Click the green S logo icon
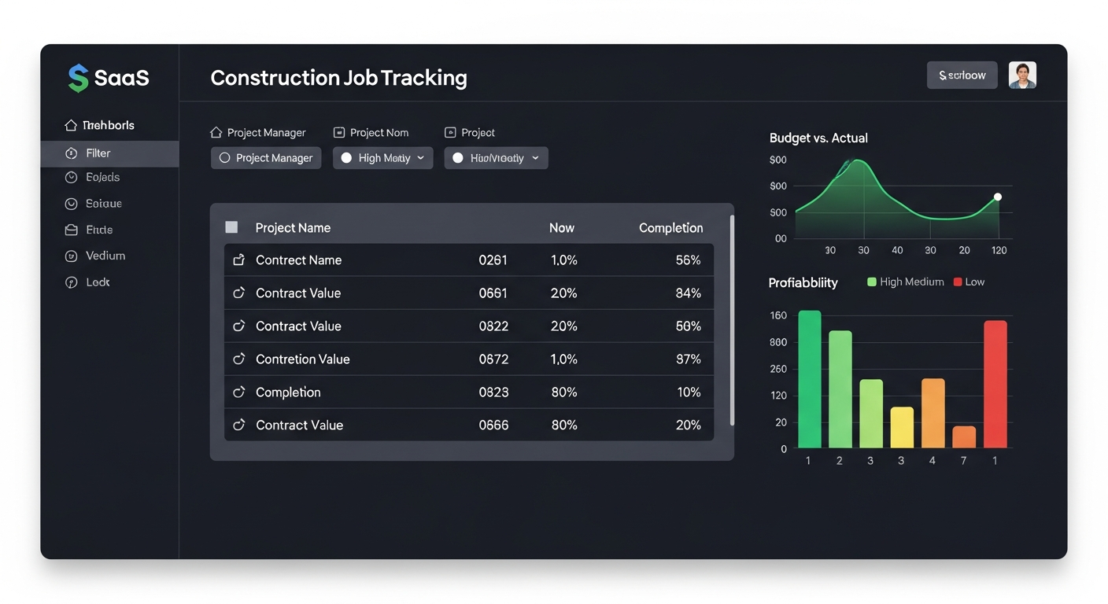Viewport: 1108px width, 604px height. coord(78,78)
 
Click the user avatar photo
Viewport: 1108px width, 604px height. coord(1022,75)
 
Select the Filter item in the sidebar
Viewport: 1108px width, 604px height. coord(98,153)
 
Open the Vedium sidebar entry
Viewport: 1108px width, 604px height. coord(105,256)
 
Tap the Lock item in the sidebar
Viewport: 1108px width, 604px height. coord(98,282)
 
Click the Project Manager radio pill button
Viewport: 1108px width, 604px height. coord(266,158)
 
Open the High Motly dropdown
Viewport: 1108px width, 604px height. coord(382,158)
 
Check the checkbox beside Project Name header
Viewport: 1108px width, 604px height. coord(231,227)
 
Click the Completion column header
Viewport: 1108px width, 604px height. coord(670,228)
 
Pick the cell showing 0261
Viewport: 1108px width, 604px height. coord(493,260)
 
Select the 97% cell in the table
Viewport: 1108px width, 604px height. coord(688,359)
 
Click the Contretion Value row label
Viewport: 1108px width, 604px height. coord(302,359)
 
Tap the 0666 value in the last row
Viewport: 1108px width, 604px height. coord(493,425)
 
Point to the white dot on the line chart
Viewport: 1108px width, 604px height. coord(997,197)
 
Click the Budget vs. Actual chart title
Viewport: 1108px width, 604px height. coord(818,138)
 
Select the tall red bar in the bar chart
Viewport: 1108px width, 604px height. coord(995,384)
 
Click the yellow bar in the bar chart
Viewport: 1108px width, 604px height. coord(902,427)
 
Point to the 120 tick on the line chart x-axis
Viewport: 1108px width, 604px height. coord(999,250)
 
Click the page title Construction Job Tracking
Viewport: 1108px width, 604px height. coord(338,78)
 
